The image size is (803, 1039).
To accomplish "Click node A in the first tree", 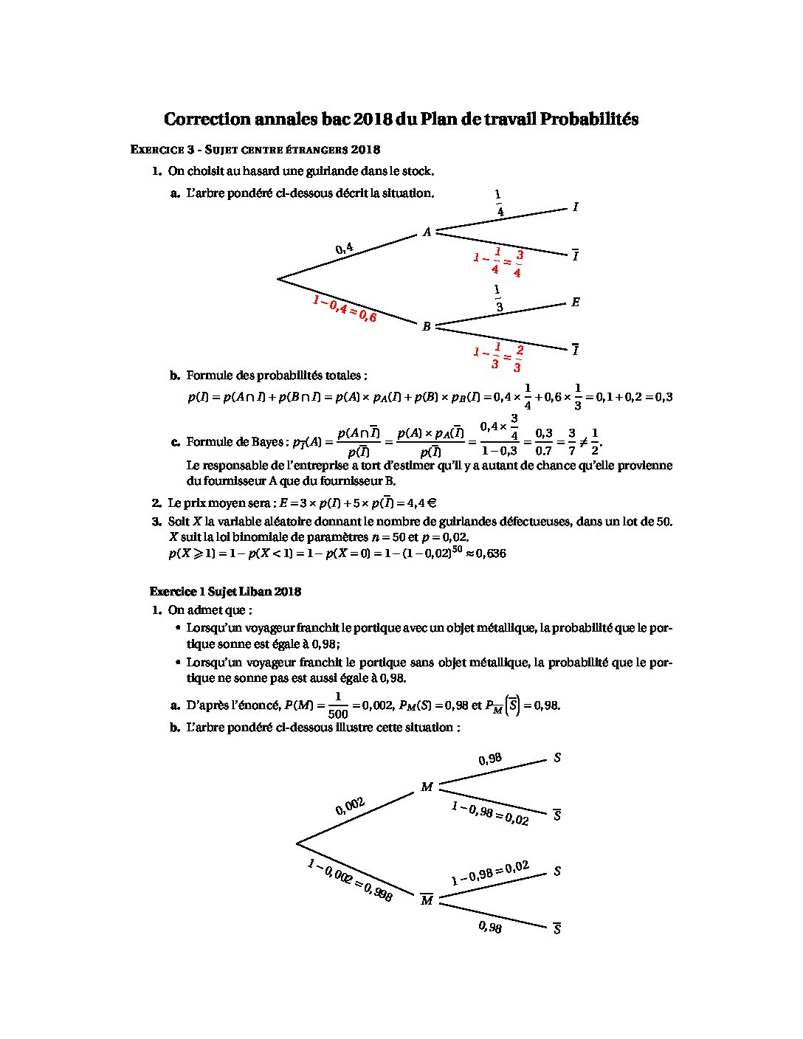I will [x=427, y=232].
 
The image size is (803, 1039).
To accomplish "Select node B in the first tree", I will [x=426, y=327].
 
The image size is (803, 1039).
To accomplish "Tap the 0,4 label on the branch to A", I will [x=345, y=249].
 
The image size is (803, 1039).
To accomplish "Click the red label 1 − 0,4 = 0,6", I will [x=344, y=309].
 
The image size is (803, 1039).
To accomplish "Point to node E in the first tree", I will [x=576, y=303].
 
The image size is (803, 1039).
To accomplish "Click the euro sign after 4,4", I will [x=432, y=503].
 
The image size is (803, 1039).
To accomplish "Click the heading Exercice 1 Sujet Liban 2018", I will [x=225, y=592].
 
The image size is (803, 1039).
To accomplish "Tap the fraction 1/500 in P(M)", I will [x=338, y=705].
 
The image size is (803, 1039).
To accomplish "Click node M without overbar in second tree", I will [x=427, y=787].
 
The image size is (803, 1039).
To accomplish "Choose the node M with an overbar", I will [x=427, y=900].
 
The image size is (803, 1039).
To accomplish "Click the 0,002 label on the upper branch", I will [x=351, y=807].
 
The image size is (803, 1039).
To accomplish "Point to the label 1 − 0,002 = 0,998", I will [x=350, y=880].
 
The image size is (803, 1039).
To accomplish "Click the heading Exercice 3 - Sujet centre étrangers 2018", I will [x=255, y=150].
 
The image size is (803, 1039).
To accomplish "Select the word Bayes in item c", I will [x=267, y=442].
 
